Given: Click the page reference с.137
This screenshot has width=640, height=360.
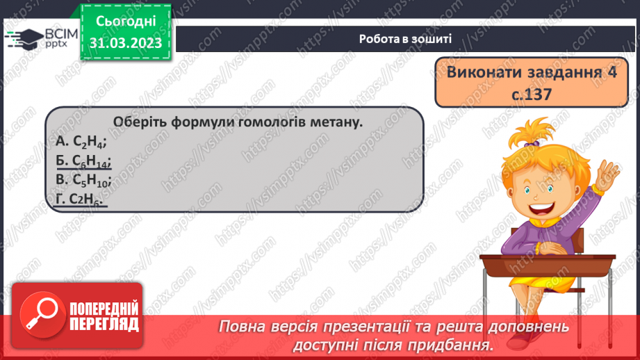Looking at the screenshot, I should click(x=528, y=93).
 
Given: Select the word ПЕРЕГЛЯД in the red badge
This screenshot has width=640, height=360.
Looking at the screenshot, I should click(x=104, y=324).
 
